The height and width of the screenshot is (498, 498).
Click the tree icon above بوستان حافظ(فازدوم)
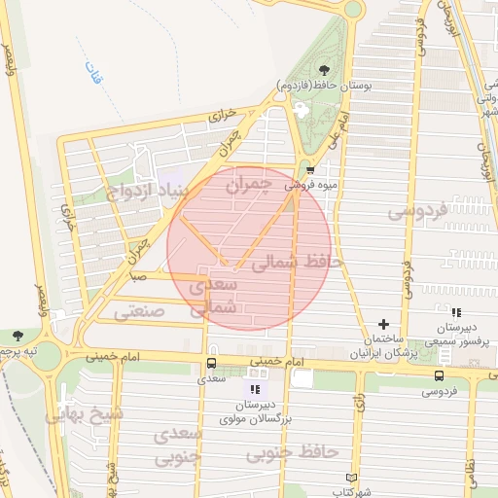pyautogui.click(x=324, y=69)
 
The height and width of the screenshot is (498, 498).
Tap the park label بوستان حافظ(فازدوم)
pyautogui.click(x=324, y=85)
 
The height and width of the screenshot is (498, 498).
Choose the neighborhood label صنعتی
pyautogui.click(x=139, y=312)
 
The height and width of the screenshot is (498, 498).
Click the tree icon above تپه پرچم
pyautogui.click(x=18, y=336)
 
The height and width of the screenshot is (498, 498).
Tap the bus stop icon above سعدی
pyautogui.click(x=210, y=363)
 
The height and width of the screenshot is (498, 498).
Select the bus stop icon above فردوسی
pyautogui.click(x=439, y=375)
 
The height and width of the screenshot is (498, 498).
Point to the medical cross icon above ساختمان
pyautogui.click(x=384, y=324)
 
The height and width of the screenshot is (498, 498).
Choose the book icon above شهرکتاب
pyautogui.click(x=352, y=478)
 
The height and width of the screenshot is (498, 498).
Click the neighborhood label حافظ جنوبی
pyautogui.click(x=290, y=452)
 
